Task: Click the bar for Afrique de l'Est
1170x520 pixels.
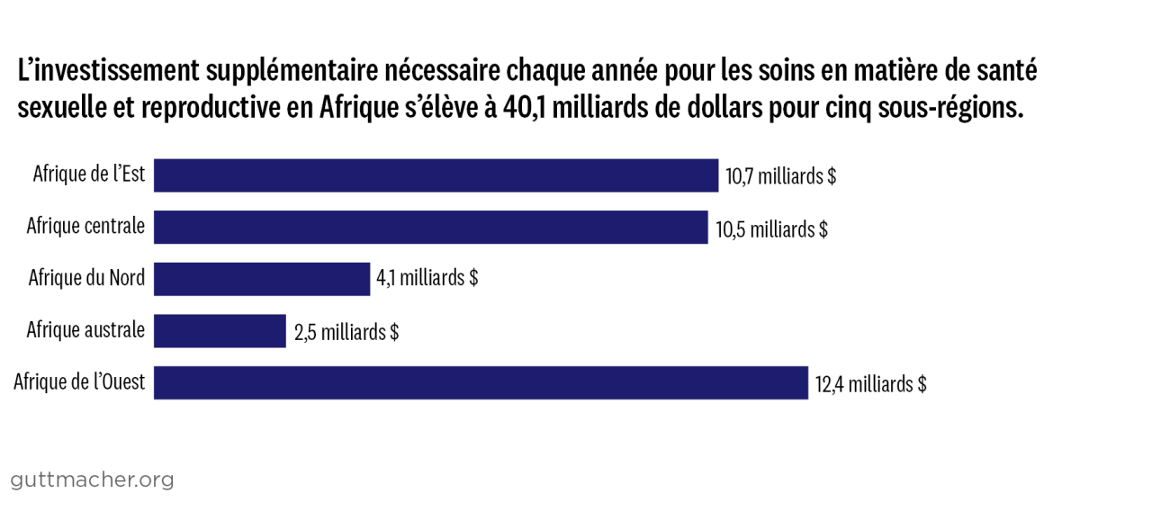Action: click(x=436, y=175)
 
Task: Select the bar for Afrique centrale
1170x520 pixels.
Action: click(x=430, y=228)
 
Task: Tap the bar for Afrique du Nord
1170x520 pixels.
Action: click(x=262, y=279)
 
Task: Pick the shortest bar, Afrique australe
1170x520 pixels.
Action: click(x=220, y=331)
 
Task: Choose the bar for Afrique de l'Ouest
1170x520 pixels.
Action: click(x=481, y=383)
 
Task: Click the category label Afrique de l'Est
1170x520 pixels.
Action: click(x=89, y=174)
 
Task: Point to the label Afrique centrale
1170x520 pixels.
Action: click(x=85, y=226)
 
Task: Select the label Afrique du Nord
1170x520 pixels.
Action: click(x=86, y=278)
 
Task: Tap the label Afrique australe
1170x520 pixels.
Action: click(x=85, y=330)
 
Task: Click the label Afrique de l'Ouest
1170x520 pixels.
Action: click(x=79, y=382)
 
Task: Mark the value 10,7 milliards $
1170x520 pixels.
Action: click(x=781, y=176)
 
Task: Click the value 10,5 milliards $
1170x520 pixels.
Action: click(x=771, y=229)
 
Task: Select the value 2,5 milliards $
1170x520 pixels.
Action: click(x=346, y=332)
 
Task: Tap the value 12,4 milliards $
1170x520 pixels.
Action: click(x=871, y=385)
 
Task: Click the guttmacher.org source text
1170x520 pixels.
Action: click(x=93, y=480)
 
